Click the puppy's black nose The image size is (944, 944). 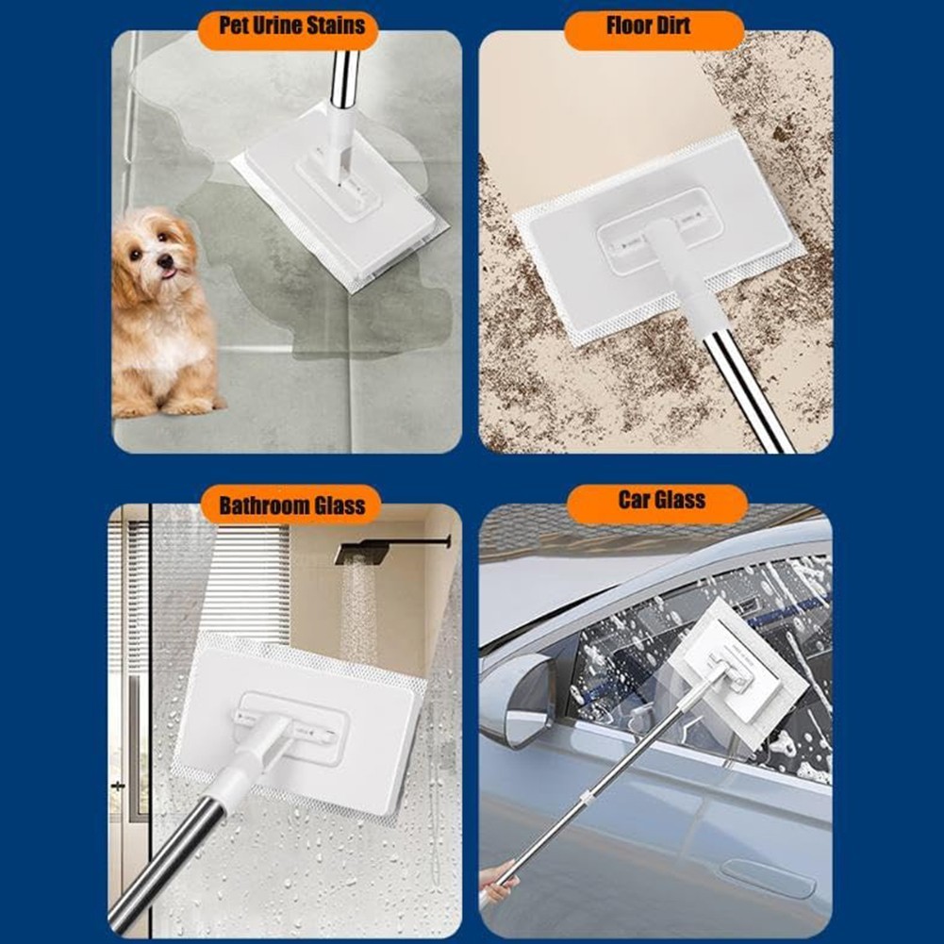pos(163,260)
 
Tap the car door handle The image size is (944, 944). pos(768,878)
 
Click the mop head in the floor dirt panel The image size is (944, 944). pos(659,238)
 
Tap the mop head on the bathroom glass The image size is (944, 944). pos(299,725)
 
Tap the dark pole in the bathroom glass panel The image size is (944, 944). pos(166,864)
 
